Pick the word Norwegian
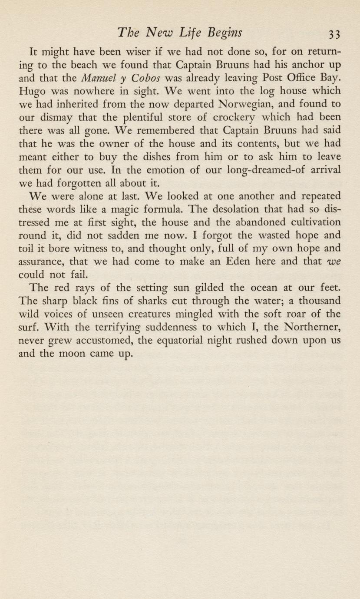[234, 105]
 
